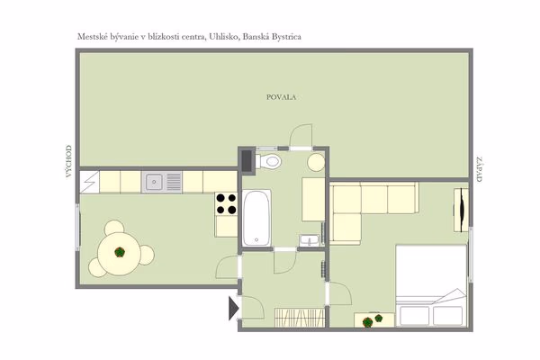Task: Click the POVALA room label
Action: [281, 97]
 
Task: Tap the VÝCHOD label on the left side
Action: [69, 161]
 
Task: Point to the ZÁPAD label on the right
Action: [479, 169]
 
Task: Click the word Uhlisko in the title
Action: [223, 37]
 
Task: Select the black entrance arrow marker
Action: [233, 309]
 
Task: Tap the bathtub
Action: [256, 218]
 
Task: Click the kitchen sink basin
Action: [154, 182]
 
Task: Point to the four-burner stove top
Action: [226, 203]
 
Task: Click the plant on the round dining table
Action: [120, 252]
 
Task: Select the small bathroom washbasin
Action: [310, 240]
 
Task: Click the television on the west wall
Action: [461, 210]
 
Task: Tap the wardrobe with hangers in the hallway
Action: [300, 318]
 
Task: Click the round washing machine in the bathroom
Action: [316, 162]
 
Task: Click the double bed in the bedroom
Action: [431, 285]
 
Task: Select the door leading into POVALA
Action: [301, 137]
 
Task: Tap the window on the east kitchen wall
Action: [77, 228]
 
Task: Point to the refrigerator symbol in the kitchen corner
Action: [89, 182]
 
